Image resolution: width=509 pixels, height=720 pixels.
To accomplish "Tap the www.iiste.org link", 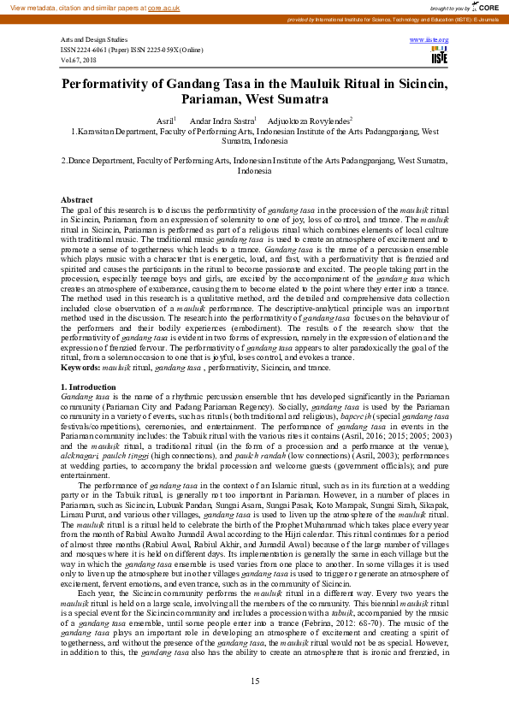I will click(x=429, y=40).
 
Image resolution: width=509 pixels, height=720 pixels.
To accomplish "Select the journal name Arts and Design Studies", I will click(x=94, y=40).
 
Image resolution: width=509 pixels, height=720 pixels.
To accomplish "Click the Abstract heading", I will click(x=77, y=200).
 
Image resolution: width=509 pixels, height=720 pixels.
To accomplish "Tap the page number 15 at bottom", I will click(x=254, y=682).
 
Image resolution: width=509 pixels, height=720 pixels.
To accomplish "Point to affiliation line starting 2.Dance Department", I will click(x=254, y=160).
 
